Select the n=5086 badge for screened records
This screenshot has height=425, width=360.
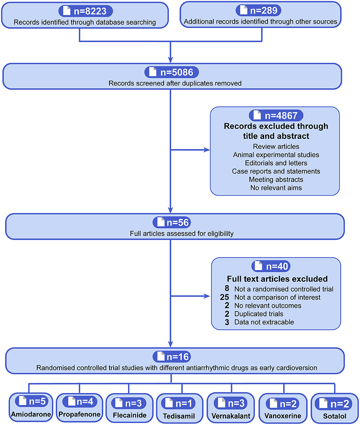[171, 72]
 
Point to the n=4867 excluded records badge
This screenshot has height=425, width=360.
[275, 115]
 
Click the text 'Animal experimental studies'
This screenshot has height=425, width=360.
[275, 154]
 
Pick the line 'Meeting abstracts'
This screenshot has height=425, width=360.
[276, 179]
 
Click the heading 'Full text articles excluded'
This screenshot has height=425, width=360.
[277, 279]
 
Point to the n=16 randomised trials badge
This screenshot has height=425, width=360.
[171, 356]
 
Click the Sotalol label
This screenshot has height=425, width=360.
[334, 416]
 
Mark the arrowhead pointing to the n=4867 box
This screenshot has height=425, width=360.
[207, 150]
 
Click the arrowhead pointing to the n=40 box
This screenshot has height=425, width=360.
[207, 296]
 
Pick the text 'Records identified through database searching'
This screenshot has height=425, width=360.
[85, 22]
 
